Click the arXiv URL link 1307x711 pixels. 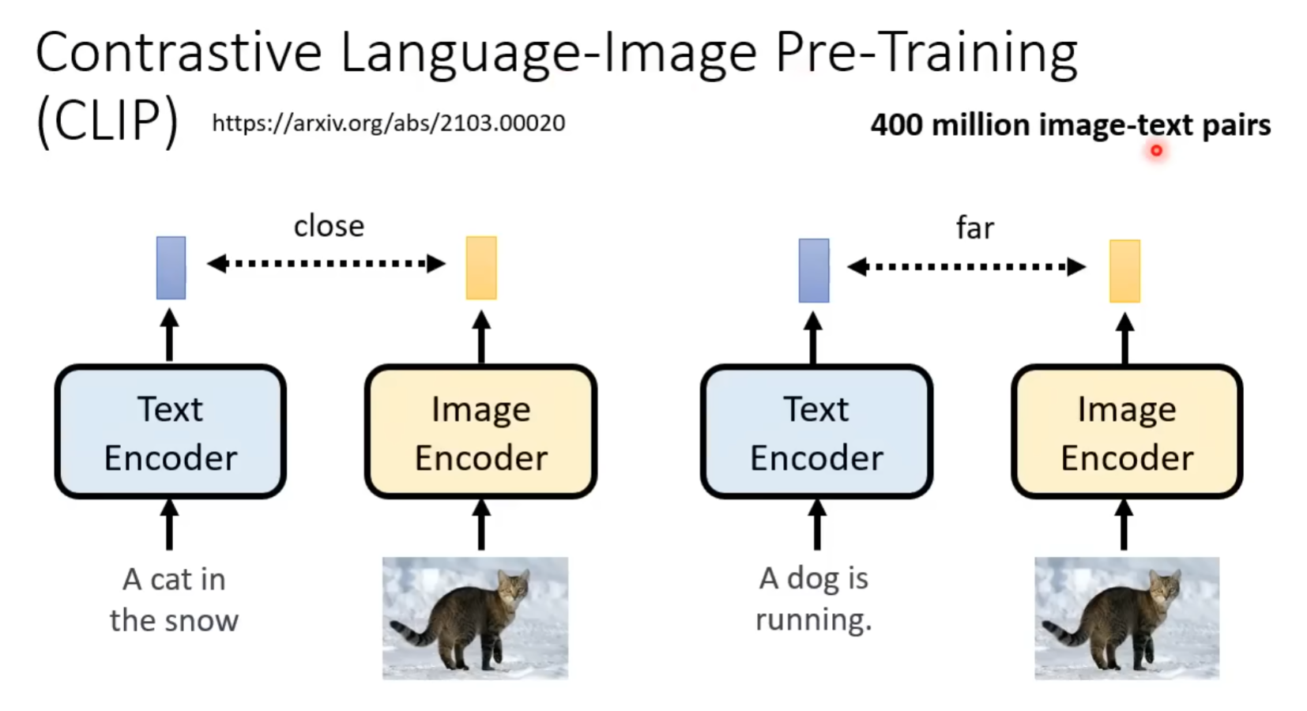point(389,123)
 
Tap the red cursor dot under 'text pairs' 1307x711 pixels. point(1156,150)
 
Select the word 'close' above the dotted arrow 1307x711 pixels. point(329,226)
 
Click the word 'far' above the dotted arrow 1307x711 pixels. point(974,228)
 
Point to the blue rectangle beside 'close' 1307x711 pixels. point(171,268)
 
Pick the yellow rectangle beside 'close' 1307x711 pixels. point(481,268)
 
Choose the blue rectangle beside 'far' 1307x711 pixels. point(814,270)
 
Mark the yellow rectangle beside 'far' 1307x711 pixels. point(1124,271)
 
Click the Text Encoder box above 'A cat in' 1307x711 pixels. point(171,431)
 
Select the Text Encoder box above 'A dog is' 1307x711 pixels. point(817,431)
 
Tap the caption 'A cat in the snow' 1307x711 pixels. point(174,600)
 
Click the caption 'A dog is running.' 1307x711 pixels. point(814,599)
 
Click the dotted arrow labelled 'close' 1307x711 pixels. point(326,263)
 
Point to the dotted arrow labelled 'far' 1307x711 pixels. point(966,266)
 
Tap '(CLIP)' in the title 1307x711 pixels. point(107,121)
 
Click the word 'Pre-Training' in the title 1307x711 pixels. point(926,54)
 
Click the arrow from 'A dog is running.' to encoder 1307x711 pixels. point(817,524)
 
